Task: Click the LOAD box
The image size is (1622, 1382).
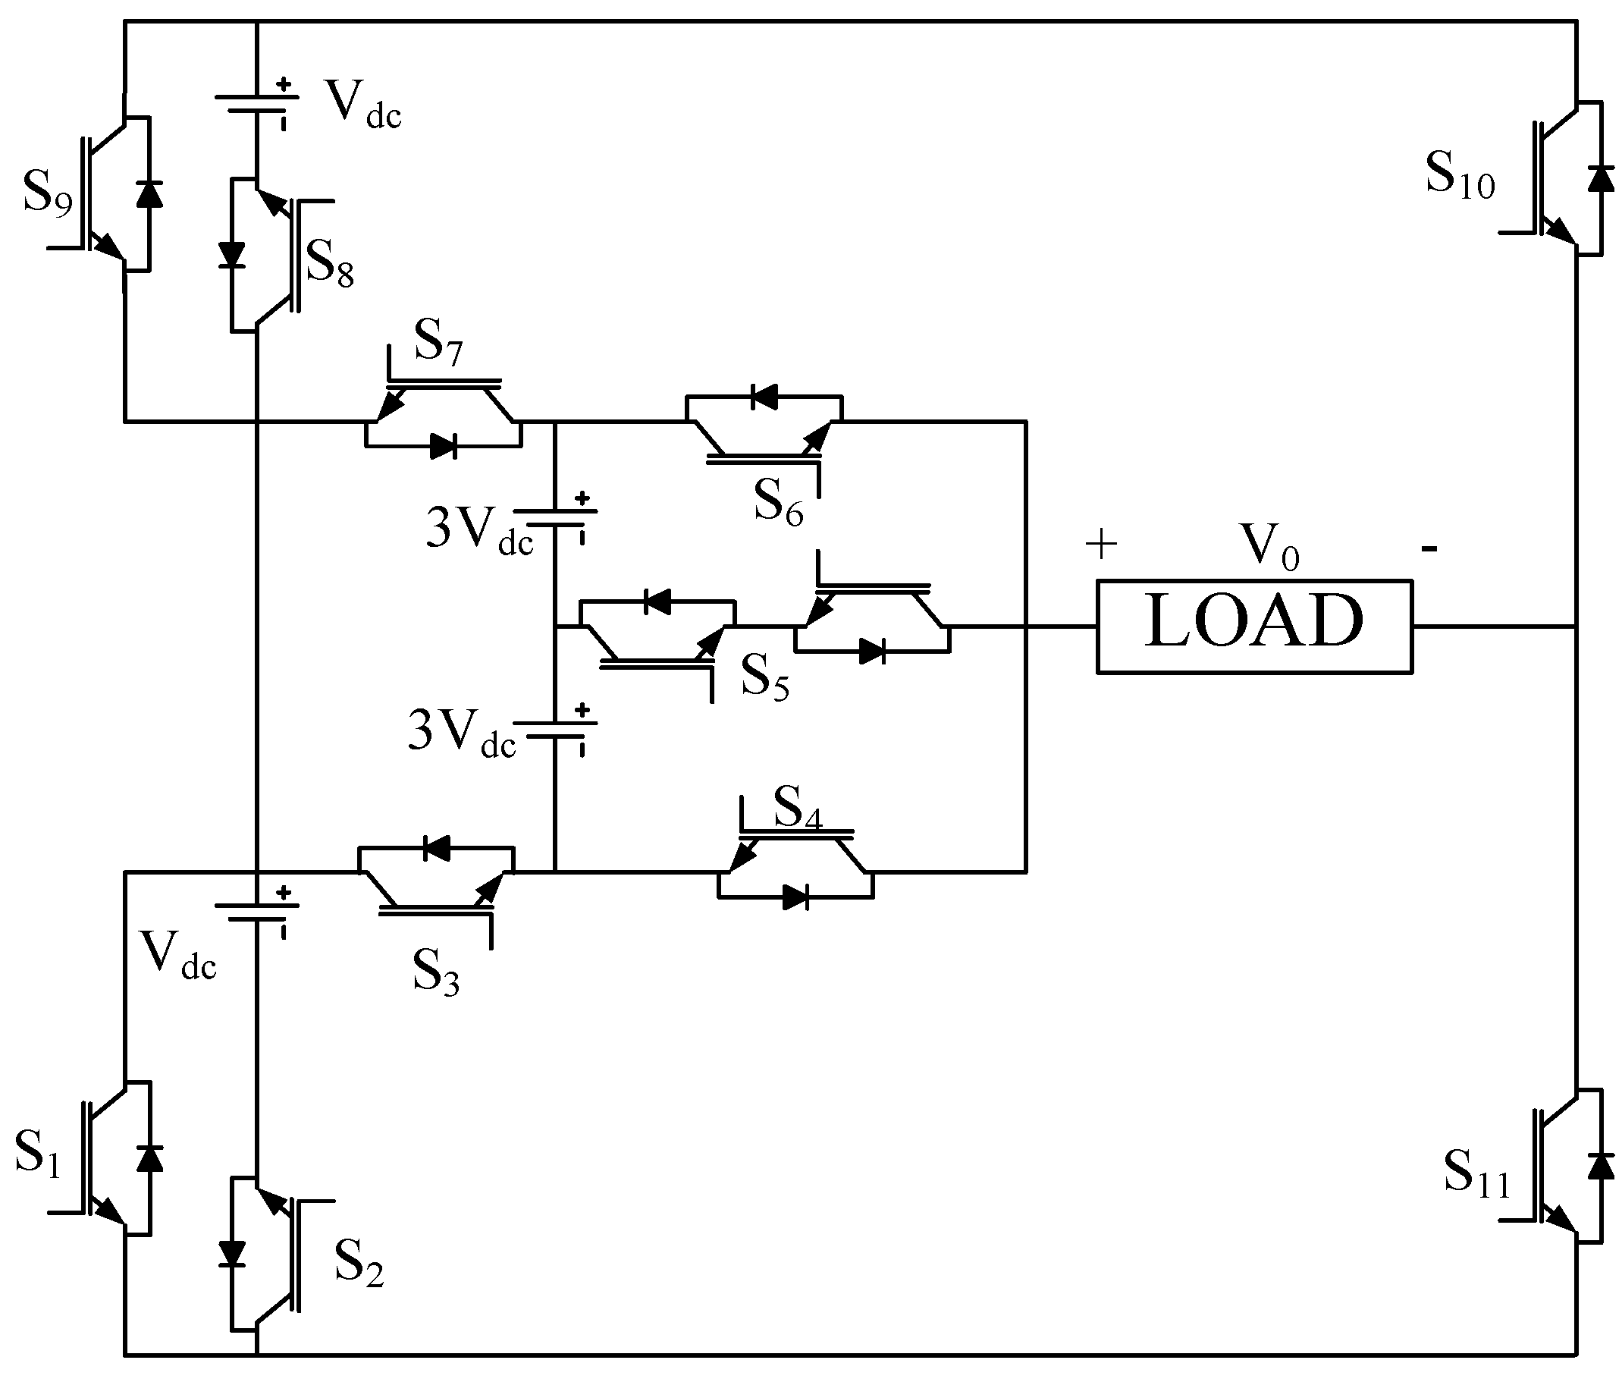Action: [x=1253, y=626]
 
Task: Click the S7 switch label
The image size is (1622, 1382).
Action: [x=438, y=342]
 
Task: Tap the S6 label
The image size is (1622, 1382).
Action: [x=778, y=503]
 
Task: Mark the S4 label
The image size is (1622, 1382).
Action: [x=798, y=807]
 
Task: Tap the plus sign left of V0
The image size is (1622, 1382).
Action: [x=1100, y=544]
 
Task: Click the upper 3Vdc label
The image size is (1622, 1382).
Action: [x=478, y=529]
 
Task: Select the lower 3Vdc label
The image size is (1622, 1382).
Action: [x=461, y=732]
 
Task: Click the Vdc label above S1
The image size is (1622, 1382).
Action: [x=177, y=954]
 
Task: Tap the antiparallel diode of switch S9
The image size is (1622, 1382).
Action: [x=149, y=193]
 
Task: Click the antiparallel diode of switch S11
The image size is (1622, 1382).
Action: [x=1600, y=1166]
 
